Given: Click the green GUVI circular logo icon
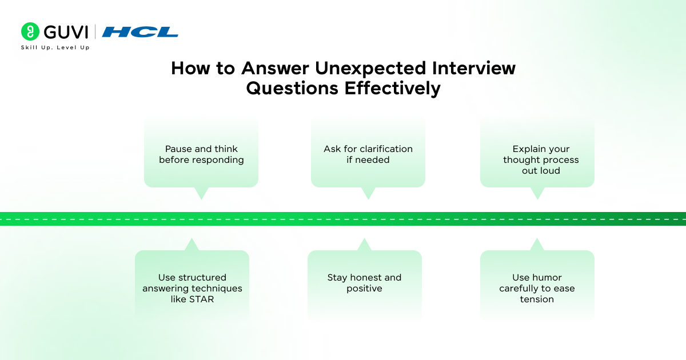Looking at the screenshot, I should (x=30, y=31).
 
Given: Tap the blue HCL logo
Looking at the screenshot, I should (x=140, y=32).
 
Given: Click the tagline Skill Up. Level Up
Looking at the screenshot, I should (x=55, y=47).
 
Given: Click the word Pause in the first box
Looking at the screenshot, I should (x=179, y=149).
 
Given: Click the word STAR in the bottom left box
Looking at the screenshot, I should (x=201, y=299).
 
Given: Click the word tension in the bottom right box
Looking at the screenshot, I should (x=537, y=299).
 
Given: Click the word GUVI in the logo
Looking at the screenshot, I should (x=65, y=31).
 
